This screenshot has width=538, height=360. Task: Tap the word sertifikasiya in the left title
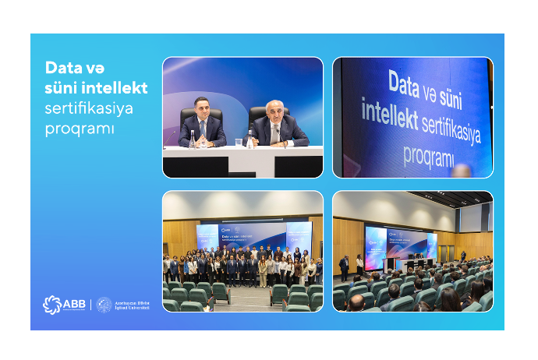pos(89,108)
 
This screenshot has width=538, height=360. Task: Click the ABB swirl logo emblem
pos(52,305)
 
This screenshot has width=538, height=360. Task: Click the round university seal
pos(104,305)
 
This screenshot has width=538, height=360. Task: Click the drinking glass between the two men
pos(239,143)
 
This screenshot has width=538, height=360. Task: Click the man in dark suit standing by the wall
pos(344,267)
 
